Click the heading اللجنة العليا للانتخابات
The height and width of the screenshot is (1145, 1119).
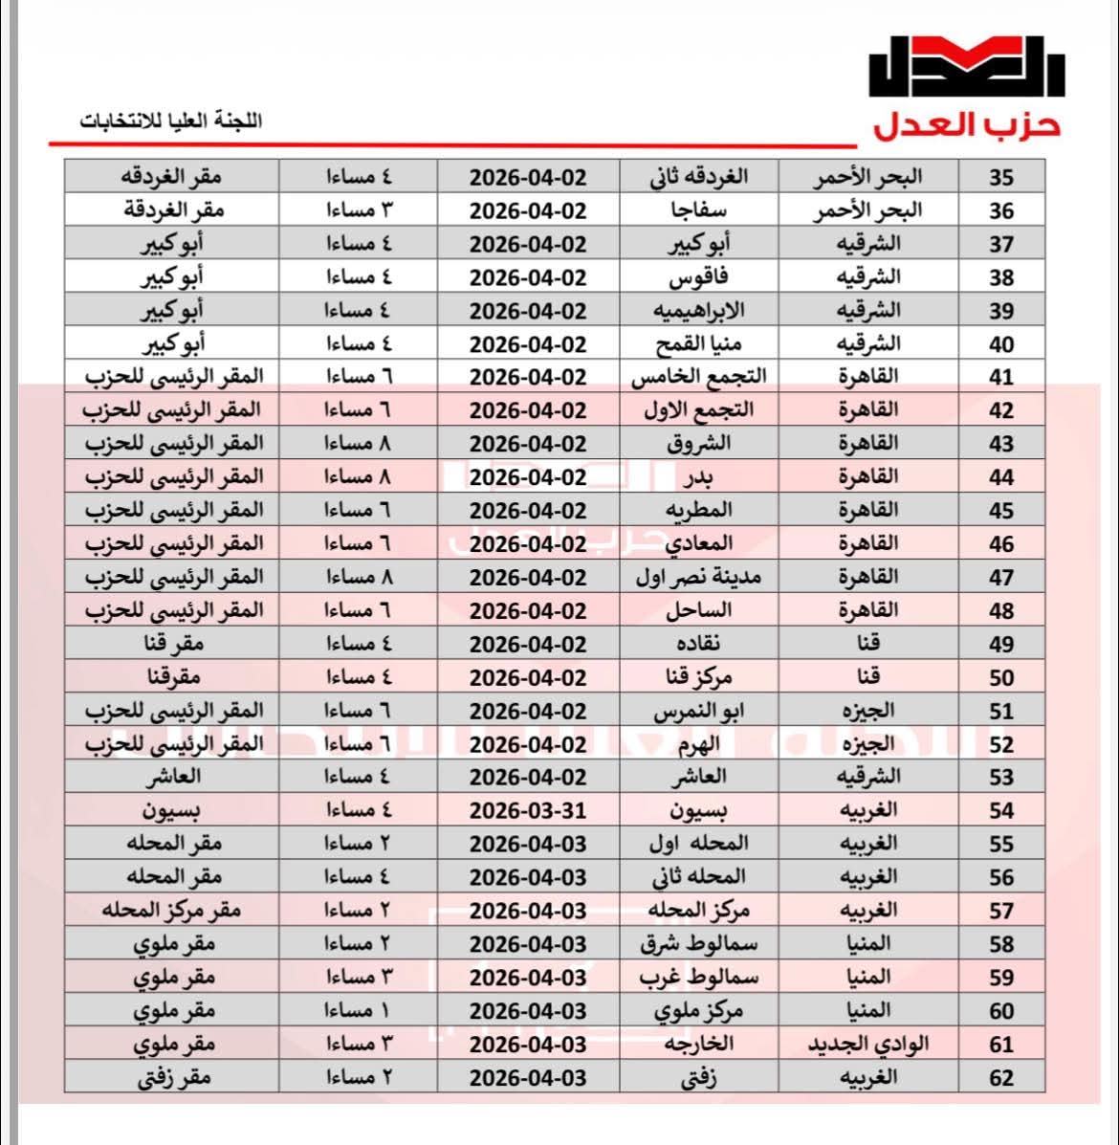click(x=171, y=121)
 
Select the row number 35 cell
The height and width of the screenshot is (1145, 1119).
click(x=1000, y=178)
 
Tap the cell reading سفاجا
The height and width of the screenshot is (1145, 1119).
click(x=698, y=210)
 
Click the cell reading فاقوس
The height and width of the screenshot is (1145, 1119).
click(x=698, y=277)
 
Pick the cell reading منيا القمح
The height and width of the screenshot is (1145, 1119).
click(x=698, y=343)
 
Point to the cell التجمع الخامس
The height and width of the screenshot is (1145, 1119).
click(x=698, y=377)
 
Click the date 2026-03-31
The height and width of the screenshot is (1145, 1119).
click(x=528, y=811)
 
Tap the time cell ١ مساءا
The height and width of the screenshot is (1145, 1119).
click(x=359, y=1010)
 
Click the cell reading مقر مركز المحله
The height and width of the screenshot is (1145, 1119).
click(x=172, y=910)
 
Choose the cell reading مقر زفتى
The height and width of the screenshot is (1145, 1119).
click(x=172, y=1077)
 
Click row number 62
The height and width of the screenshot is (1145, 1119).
click(x=1000, y=1077)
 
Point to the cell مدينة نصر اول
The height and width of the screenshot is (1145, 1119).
click(x=698, y=577)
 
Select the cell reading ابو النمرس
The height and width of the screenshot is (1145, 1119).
click(x=698, y=711)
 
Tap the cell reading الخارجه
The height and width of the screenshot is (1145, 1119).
click(x=698, y=1044)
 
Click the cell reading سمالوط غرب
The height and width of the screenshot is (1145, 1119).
click(x=698, y=977)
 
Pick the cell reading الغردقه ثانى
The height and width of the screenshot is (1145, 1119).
click(x=698, y=178)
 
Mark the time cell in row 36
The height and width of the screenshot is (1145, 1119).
click(x=359, y=210)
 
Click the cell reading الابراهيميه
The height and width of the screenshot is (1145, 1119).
click(x=698, y=311)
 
